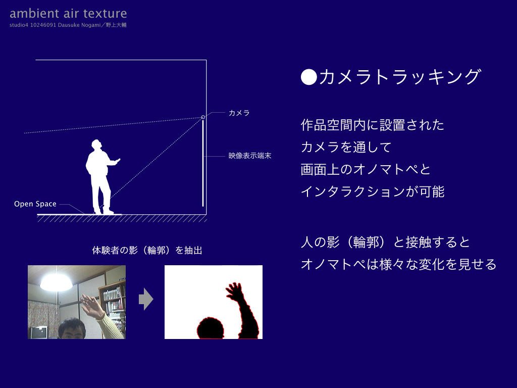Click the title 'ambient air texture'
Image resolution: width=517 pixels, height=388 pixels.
click(68, 14)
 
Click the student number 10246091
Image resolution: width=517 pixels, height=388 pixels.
click(43, 25)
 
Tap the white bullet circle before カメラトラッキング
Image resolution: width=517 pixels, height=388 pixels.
click(309, 77)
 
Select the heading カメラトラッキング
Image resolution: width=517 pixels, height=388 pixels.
click(400, 77)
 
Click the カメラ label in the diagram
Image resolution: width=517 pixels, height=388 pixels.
click(239, 113)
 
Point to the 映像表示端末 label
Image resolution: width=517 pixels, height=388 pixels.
click(250, 156)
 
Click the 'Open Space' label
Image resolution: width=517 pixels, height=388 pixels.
click(35, 204)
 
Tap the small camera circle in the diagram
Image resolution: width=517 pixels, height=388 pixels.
click(203, 117)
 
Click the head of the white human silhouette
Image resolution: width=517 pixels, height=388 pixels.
click(96, 145)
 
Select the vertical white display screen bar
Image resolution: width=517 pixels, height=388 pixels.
click(203, 163)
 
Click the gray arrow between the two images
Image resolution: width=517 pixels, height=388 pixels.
click(146, 299)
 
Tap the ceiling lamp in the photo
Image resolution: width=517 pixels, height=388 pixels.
click(57, 282)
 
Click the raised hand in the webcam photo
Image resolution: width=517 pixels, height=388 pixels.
click(91, 306)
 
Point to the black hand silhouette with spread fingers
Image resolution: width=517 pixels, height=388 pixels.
click(234, 292)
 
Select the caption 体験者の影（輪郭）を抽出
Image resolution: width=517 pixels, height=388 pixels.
click(147, 251)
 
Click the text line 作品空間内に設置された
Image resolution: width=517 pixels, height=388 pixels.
click(372, 125)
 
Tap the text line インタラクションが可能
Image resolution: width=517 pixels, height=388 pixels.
click(373, 191)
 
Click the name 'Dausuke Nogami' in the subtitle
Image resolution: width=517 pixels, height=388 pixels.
click(79, 25)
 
